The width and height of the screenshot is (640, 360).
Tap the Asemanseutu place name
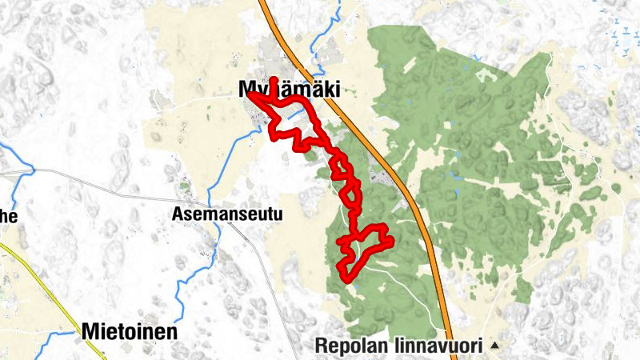click(217, 214)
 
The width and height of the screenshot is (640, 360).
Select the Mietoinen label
click(129, 331)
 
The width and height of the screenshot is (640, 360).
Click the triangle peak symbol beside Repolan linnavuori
click(494, 346)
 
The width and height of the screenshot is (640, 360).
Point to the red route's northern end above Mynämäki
click(274, 80)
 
